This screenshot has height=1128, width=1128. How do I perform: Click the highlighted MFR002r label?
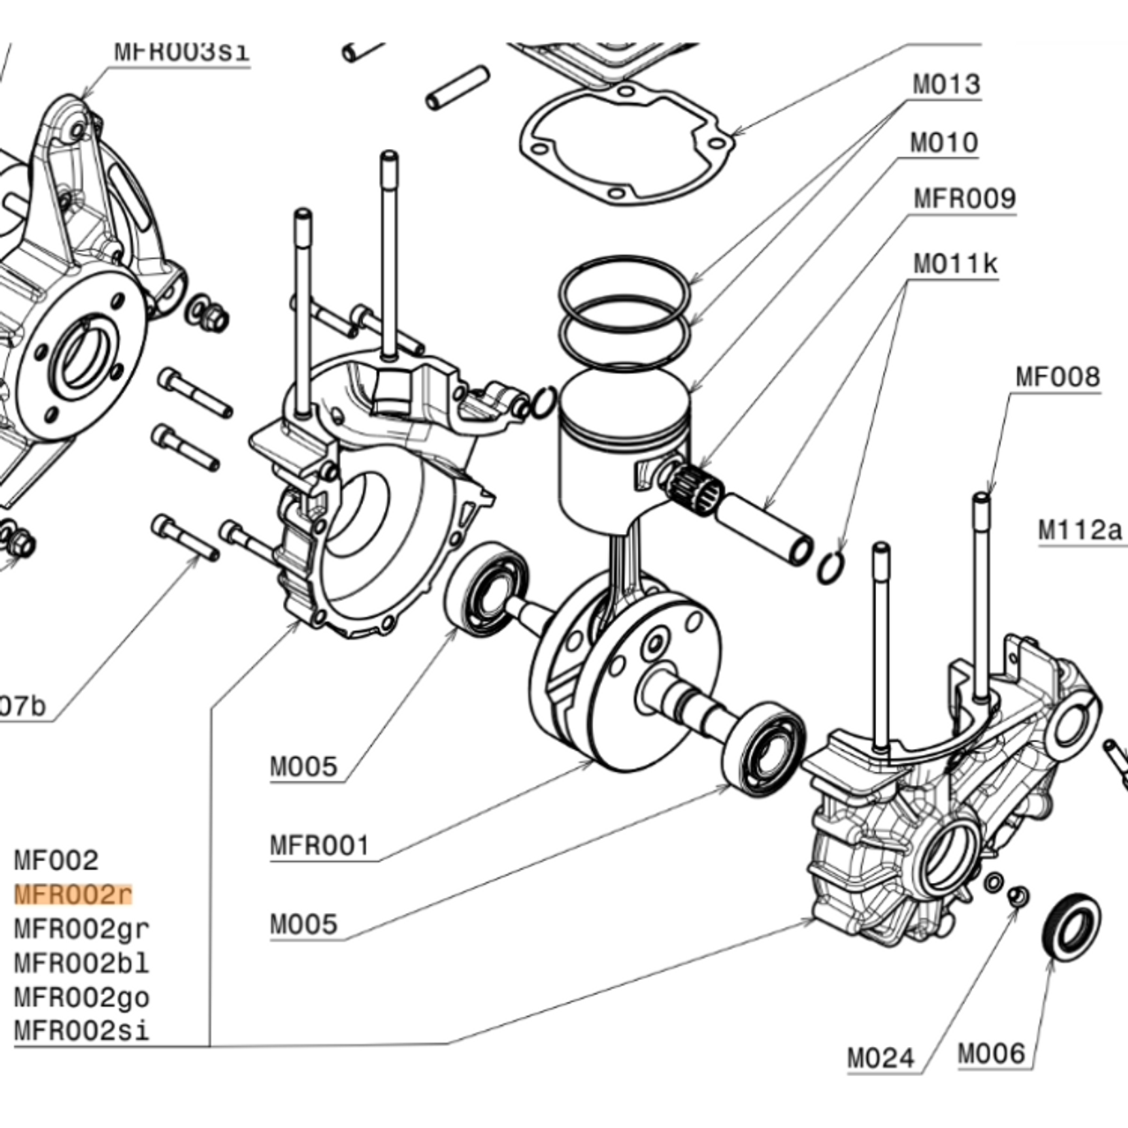(73, 894)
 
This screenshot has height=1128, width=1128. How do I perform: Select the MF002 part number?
(56, 860)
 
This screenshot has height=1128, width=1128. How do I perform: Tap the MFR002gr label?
(82, 929)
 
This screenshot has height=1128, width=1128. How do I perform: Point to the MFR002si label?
(82, 1031)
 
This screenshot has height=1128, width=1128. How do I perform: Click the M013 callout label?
(946, 85)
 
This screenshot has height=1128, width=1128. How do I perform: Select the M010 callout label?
(944, 143)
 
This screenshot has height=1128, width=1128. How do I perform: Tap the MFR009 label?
(964, 198)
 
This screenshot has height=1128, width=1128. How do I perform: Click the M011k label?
(955, 263)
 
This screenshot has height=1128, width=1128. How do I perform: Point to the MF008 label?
(1057, 377)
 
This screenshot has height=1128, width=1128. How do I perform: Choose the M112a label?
(1080, 531)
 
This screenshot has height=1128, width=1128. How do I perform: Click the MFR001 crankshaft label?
(319, 846)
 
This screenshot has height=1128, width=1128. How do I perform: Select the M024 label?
(880, 1057)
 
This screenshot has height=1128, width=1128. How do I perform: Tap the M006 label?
(991, 1053)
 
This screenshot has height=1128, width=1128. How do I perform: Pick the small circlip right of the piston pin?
(830, 567)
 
